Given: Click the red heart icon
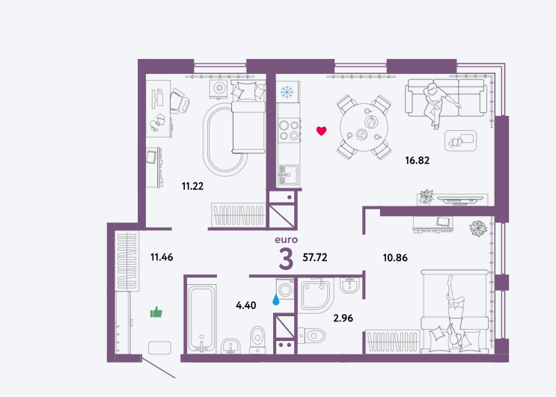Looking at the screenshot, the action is pyautogui.click(x=321, y=131).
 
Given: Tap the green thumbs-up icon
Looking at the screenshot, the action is pyautogui.click(x=156, y=312).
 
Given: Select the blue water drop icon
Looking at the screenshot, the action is pyautogui.click(x=276, y=300).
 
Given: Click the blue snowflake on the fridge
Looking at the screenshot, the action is pyautogui.click(x=287, y=92).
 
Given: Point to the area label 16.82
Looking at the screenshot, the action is pyautogui.click(x=418, y=161).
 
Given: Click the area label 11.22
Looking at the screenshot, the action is pyautogui.click(x=192, y=186).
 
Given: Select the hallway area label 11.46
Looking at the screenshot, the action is pyautogui.click(x=162, y=256).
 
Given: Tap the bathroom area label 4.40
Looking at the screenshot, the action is pyautogui.click(x=245, y=305).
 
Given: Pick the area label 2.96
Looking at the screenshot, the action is pyautogui.click(x=343, y=318).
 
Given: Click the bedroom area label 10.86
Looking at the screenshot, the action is pyautogui.click(x=395, y=257).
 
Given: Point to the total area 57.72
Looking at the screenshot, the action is pyautogui.click(x=315, y=257).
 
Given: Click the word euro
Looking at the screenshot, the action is pyautogui.click(x=286, y=240).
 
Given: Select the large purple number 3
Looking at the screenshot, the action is pyautogui.click(x=286, y=259).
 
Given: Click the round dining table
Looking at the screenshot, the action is pyautogui.click(x=364, y=127).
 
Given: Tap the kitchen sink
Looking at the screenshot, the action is pyautogui.click(x=288, y=174).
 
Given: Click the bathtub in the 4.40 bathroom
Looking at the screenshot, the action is pyautogui.click(x=201, y=319).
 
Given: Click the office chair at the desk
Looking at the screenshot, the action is pyautogui.click(x=180, y=101).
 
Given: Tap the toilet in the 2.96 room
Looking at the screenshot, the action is pyautogui.click(x=312, y=335).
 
